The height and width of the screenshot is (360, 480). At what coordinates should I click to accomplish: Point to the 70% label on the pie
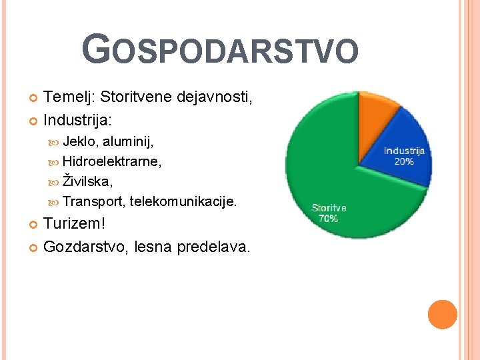pyautogui.click(x=328, y=218)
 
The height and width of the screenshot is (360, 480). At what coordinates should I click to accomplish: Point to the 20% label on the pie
pyautogui.click(x=404, y=161)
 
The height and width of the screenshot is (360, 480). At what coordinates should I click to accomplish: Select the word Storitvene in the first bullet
pyautogui.click(x=136, y=97)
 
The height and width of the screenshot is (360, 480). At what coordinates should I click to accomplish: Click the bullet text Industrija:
pyautogui.click(x=78, y=121)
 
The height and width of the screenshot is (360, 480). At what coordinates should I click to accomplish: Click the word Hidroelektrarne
pyautogui.click(x=111, y=161)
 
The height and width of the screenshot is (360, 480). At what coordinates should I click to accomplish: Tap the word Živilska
pyautogui.click(x=87, y=181)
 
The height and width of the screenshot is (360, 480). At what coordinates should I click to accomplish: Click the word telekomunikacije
pyautogui.click(x=183, y=201)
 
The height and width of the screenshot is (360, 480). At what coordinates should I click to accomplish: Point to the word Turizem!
pyautogui.click(x=74, y=223)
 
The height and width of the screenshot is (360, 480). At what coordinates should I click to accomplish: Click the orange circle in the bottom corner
pyautogui.click(x=442, y=314)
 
